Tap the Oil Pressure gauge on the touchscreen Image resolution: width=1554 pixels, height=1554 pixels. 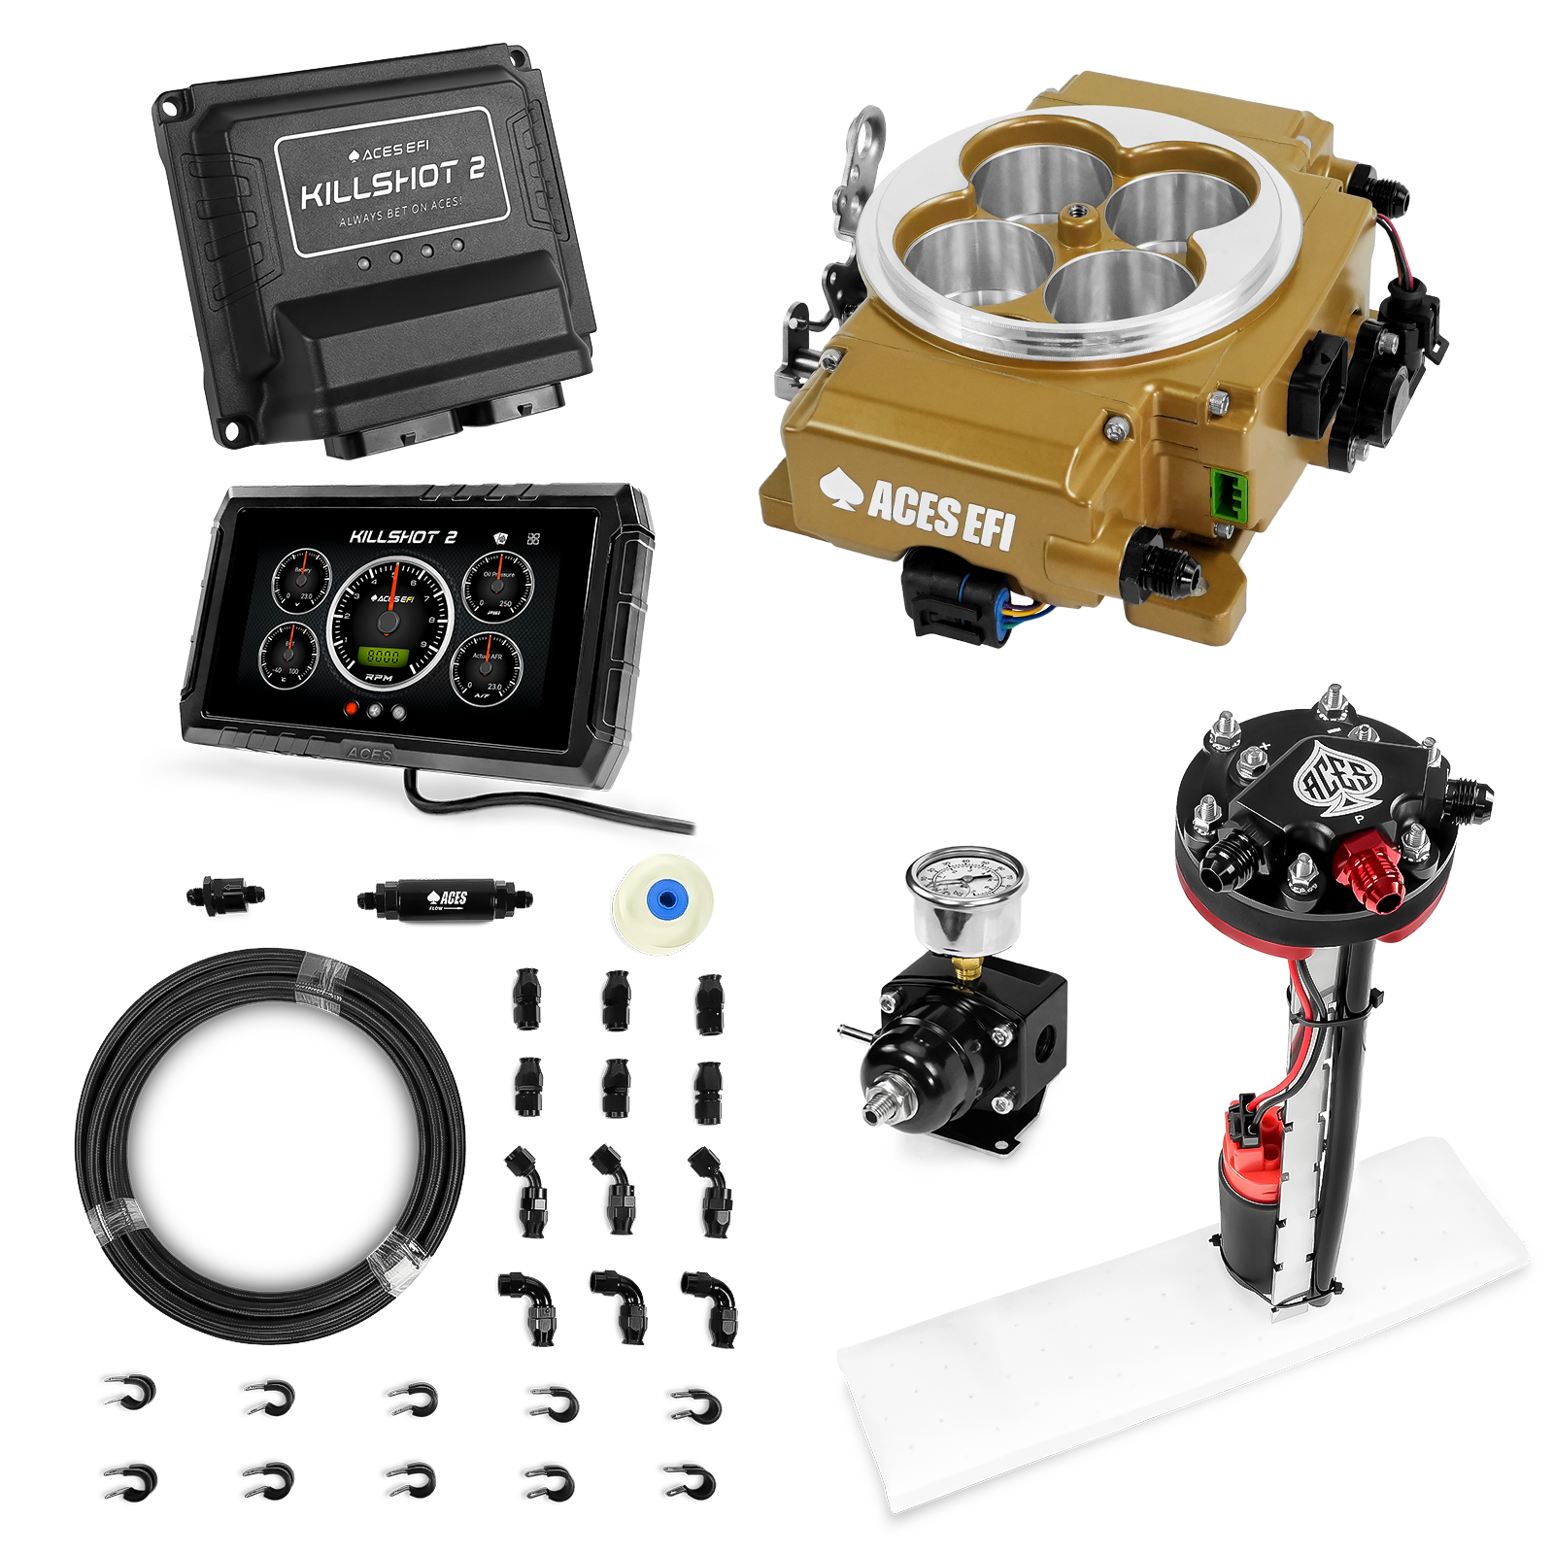(x=498, y=589)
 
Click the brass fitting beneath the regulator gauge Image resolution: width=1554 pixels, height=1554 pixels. (x=963, y=967)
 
